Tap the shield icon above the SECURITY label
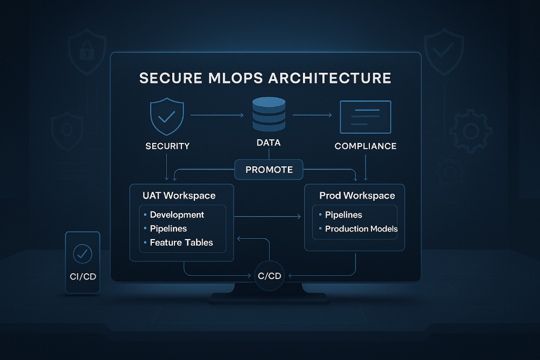(x=167, y=116)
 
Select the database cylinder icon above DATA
(x=268, y=114)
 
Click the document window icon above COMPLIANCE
(x=365, y=117)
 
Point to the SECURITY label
(x=167, y=146)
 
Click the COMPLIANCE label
(x=366, y=146)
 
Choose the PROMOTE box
(x=269, y=169)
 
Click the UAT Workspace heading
(x=179, y=195)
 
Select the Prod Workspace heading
(x=357, y=195)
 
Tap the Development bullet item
(x=177, y=215)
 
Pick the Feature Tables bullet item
(x=181, y=243)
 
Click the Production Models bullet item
(x=361, y=229)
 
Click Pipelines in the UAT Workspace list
(x=168, y=229)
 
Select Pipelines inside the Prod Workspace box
(x=343, y=215)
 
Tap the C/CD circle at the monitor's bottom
(x=269, y=276)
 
